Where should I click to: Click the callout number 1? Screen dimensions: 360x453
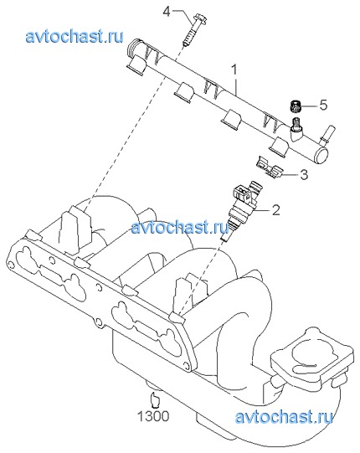tap(234, 69)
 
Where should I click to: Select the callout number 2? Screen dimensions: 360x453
tap(276, 210)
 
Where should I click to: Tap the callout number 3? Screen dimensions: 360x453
tap(304, 174)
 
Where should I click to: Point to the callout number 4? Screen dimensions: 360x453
tap(167, 12)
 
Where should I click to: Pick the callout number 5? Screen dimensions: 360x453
tap(323, 105)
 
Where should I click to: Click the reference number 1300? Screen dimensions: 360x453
tap(153, 416)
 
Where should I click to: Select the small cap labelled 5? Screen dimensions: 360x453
tap(296, 106)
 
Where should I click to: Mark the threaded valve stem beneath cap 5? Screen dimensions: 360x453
tap(296, 124)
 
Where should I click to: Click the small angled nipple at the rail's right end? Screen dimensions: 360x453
tap(327, 134)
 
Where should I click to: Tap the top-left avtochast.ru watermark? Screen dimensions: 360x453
tap(75, 37)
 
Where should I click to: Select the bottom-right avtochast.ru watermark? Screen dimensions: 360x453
tap(284, 417)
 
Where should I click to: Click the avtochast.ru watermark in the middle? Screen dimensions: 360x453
tap(180, 227)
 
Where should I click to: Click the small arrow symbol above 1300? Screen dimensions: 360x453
tap(155, 399)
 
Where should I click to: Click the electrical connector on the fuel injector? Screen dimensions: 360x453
tap(240, 192)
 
